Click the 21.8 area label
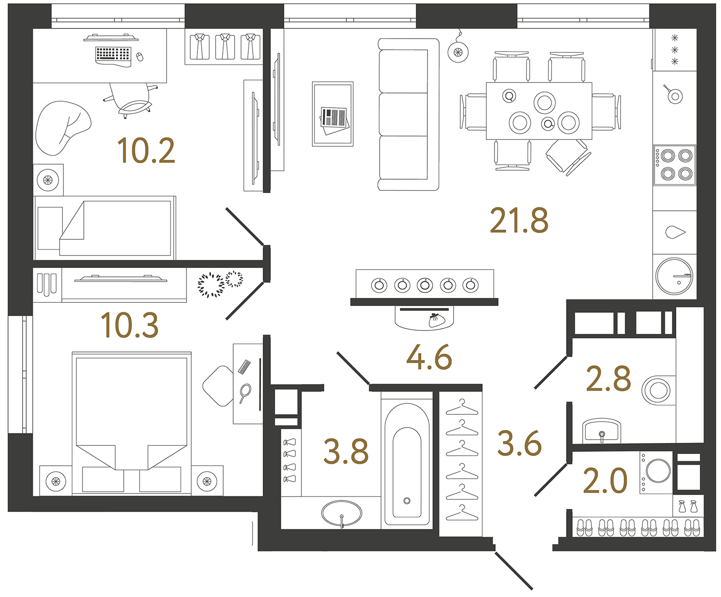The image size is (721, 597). (x=519, y=221)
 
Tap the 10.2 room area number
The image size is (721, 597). (x=146, y=151)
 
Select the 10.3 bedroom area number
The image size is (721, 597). (x=129, y=326)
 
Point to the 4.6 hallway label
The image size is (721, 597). (x=429, y=358)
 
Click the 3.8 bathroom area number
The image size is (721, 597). (x=346, y=452)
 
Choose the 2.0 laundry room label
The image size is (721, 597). (x=605, y=481)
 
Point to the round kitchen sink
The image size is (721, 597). (x=674, y=276)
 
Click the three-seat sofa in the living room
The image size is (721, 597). (x=408, y=114)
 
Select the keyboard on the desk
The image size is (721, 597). (x=113, y=55)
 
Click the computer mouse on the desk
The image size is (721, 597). (x=140, y=57)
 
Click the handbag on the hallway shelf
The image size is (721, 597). (x=435, y=320)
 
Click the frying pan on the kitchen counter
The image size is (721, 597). (x=674, y=95)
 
